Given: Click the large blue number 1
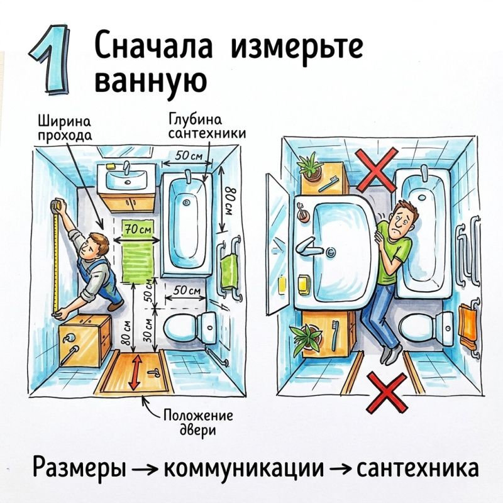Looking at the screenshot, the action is (52, 59).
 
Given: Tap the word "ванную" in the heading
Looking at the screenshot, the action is (150, 80).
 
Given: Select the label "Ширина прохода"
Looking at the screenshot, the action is (65, 129).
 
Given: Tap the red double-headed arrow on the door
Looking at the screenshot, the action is (136, 372).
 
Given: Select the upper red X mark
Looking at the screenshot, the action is (377, 170).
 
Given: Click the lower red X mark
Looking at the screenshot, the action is (387, 392).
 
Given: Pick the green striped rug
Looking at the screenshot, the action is (138, 251).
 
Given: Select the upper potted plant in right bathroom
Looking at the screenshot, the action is (309, 167).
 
